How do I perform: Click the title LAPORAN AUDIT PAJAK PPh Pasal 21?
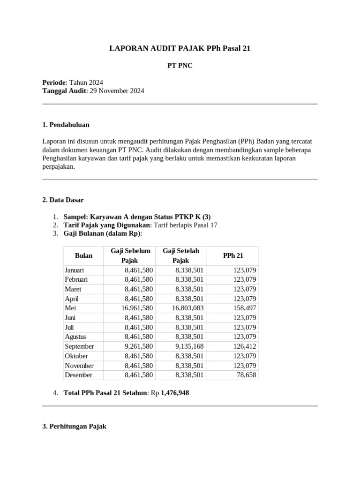[180, 48]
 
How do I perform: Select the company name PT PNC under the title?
[180, 66]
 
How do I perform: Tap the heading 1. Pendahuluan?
[66, 125]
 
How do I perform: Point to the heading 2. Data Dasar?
[63, 200]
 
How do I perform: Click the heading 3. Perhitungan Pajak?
[74, 426]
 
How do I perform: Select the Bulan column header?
[83, 255]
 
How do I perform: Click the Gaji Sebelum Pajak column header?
[130, 255]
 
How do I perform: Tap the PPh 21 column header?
[233, 255]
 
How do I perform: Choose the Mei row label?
[70, 308]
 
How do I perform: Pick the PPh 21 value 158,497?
[244, 308]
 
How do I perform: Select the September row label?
[79, 346]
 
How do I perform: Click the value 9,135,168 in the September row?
[189, 346]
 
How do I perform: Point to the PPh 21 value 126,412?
[244, 346]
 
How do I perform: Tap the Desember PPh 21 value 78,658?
[246, 375]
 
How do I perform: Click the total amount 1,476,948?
[175, 393]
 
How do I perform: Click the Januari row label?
[75, 270]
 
